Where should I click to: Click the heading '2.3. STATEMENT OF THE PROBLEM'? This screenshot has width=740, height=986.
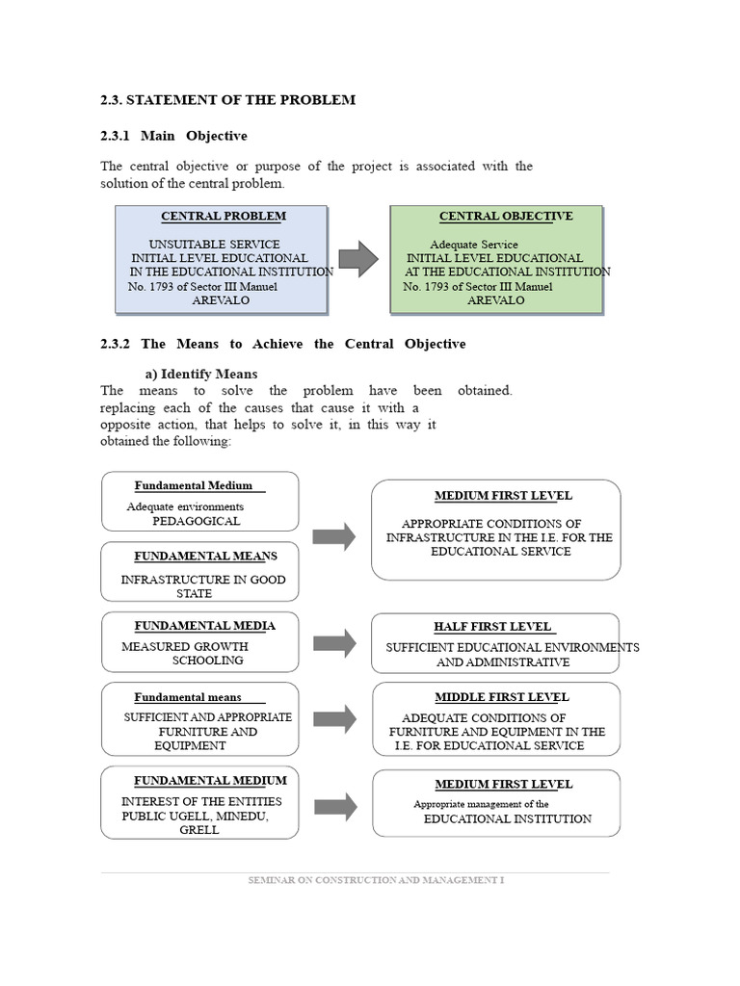pyautogui.click(x=227, y=100)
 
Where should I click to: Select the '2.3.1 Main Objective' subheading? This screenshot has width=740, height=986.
pyautogui.click(x=173, y=136)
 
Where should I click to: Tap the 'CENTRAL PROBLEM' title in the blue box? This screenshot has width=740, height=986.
pyautogui.click(x=223, y=217)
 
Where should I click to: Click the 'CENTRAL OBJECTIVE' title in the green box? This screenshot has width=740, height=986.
pyautogui.click(x=506, y=217)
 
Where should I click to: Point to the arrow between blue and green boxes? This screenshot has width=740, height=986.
pyautogui.click(x=358, y=258)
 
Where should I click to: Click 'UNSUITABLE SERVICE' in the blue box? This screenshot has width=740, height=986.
pyautogui.click(x=215, y=245)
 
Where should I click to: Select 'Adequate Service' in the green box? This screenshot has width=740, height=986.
pyautogui.click(x=473, y=245)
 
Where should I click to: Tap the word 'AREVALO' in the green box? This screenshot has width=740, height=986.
pyautogui.click(x=496, y=300)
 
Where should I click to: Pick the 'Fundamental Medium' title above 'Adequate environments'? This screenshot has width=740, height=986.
pyautogui.click(x=193, y=485)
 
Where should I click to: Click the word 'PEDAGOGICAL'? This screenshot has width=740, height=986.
pyautogui.click(x=196, y=521)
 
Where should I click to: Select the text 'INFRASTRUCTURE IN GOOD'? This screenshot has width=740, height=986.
pyautogui.click(x=202, y=580)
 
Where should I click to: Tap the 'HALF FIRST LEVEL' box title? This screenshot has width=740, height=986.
pyautogui.click(x=493, y=627)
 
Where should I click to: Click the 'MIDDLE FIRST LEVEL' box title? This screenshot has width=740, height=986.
pyautogui.click(x=501, y=697)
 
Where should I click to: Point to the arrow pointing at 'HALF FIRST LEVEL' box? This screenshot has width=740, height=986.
pyautogui.click(x=334, y=642)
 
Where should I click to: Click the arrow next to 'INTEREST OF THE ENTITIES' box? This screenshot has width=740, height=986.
pyautogui.click(x=334, y=806)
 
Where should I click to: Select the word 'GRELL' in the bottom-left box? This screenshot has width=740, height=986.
pyautogui.click(x=199, y=830)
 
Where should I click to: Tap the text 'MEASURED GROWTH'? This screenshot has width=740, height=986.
pyautogui.click(x=185, y=646)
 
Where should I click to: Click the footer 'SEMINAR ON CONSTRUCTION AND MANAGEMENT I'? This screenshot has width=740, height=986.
pyautogui.click(x=376, y=880)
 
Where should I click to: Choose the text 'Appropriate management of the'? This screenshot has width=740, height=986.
pyautogui.click(x=481, y=804)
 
